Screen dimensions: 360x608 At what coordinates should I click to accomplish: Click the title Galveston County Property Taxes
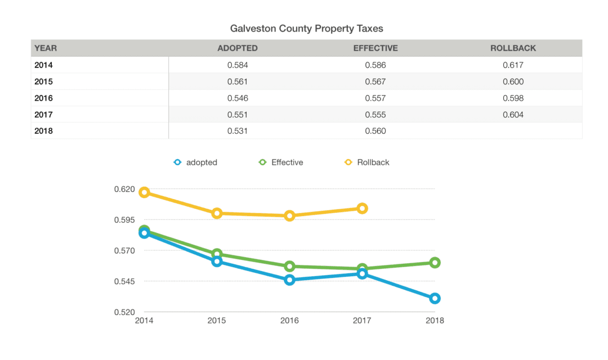[x=307, y=28]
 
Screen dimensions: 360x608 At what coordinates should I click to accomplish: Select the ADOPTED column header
[x=238, y=48]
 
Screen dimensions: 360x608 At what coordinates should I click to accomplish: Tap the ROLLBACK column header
[x=513, y=48]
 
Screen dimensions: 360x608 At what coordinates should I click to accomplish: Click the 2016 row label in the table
[x=43, y=98]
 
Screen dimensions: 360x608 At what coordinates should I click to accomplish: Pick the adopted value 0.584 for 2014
[x=238, y=65]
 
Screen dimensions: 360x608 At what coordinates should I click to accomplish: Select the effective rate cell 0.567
[x=375, y=82]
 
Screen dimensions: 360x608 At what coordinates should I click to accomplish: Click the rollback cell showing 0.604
[x=513, y=115]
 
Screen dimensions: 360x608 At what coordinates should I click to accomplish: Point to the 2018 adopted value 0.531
[x=238, y=131]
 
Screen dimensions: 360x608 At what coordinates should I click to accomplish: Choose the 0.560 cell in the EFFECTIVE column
[x=375, y=131]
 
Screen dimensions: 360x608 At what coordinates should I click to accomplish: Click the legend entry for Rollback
[x=367, y=163]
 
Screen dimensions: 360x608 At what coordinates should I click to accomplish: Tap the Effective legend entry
[x=281, y=163]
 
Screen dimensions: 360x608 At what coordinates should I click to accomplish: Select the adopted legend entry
[x=195, y=163]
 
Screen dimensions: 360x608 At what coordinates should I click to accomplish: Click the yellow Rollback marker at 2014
[x=144, y=192]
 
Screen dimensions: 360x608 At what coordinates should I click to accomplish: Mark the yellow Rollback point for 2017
[x=362, y=208]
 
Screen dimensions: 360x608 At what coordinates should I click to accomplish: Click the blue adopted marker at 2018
[x=435, y=298]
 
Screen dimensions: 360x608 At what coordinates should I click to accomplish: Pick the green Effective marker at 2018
[x=435, y=263]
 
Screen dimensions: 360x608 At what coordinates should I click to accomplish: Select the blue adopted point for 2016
[x=289, y=280]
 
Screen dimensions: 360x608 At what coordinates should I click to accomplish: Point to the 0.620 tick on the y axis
[x=124, y=189]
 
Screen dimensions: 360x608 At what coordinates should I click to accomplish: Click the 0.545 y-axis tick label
[x=124, y=281]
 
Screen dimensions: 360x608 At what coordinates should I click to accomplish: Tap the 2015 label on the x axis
[x=217, y=321]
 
